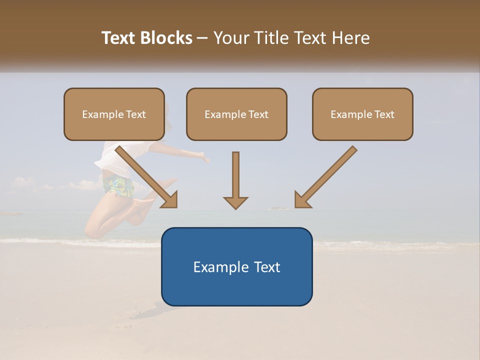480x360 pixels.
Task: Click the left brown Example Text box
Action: point(114,114)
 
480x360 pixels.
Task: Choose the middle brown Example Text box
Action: point(236,114)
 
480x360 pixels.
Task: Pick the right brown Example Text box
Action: point(362,114)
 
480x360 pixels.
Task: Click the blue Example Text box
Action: point(236,266)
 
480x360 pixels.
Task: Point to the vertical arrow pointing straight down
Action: point(235,180)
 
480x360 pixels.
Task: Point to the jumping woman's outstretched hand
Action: point(204,159)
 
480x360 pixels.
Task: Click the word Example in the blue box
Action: point(218,267)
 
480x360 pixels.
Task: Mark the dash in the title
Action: point(202,38)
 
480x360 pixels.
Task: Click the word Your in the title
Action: point(231,38)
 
